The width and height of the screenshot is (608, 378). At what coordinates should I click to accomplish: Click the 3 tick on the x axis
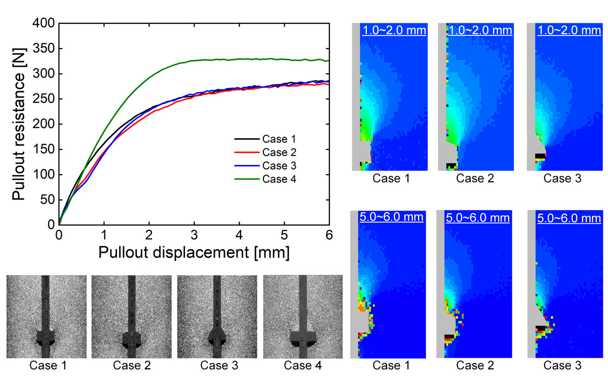pos(194,235)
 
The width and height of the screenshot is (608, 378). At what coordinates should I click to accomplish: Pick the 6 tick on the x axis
pos(329,235)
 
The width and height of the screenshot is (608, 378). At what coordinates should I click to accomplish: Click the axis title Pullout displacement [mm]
pos(194,253)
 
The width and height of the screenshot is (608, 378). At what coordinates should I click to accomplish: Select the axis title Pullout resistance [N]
pos(19,124)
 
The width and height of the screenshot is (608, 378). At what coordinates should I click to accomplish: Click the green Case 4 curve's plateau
pos(253,59)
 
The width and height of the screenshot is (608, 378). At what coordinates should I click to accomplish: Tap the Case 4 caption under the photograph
pos(303,365)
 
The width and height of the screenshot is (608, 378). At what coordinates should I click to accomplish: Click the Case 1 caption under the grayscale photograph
pos(46,365)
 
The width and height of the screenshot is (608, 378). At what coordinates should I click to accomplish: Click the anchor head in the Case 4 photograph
pos(303,338)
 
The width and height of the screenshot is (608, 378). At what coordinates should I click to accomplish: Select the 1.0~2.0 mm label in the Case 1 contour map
pos(394,30)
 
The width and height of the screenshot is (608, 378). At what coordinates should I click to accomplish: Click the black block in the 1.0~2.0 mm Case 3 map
pos(540,155)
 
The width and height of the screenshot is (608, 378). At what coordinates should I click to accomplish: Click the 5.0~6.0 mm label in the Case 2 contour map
pos(479,219)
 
